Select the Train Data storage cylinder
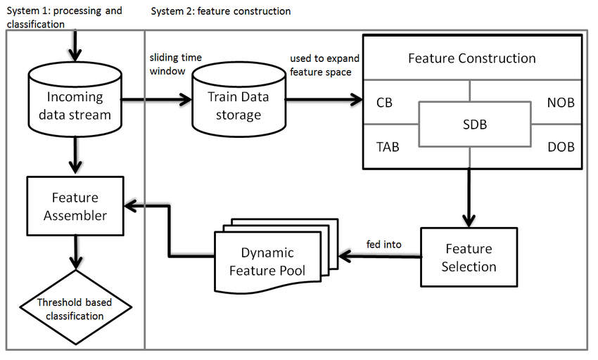tap(238, 105)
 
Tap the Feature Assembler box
tap(75, 207)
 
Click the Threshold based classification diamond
tap(75, 309)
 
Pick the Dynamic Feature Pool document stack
tap(267, 261)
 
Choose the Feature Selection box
tap(469, 257)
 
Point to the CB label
tap(384, 103)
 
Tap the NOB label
tap(560, 103)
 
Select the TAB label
tap(387, 147)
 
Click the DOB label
tap(560, 147)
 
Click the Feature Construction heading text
tap(471, 58)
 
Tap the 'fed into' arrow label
tap(384, 245)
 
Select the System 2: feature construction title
tap(220, 11)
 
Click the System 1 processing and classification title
tap(64, 18)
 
